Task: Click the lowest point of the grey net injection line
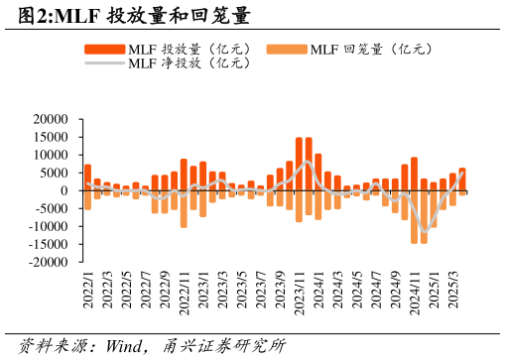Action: (425, 232)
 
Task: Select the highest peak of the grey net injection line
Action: (309, 161)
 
